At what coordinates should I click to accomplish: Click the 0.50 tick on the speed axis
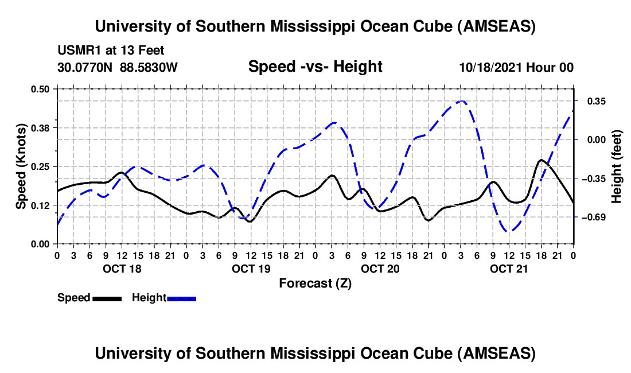point(41,88)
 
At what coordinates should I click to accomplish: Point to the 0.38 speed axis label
point(41,127)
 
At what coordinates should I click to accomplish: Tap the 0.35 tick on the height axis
point(595,101)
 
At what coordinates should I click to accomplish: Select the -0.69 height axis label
point(594,217)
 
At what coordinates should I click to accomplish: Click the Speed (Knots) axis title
point(21,166)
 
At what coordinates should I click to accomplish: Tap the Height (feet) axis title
point(617,166)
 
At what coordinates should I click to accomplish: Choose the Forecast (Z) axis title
point(315,283)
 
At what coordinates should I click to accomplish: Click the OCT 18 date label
point(122,269)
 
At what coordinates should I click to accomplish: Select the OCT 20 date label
point(380,269)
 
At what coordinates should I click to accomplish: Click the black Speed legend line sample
point(107,298)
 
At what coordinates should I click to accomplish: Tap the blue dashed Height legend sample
point(182,298)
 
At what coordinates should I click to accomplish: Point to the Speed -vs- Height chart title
point(315,67)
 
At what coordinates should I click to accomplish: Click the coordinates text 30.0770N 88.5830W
point(118,67)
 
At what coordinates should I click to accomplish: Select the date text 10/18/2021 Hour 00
point(516,67)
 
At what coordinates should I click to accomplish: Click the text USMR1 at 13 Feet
point(111,50)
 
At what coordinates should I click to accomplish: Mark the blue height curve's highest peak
point(461,101)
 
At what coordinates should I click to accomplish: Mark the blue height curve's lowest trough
point(509,231)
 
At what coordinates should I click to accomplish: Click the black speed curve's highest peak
point(541,160)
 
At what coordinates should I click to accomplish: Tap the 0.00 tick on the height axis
point(595,139)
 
